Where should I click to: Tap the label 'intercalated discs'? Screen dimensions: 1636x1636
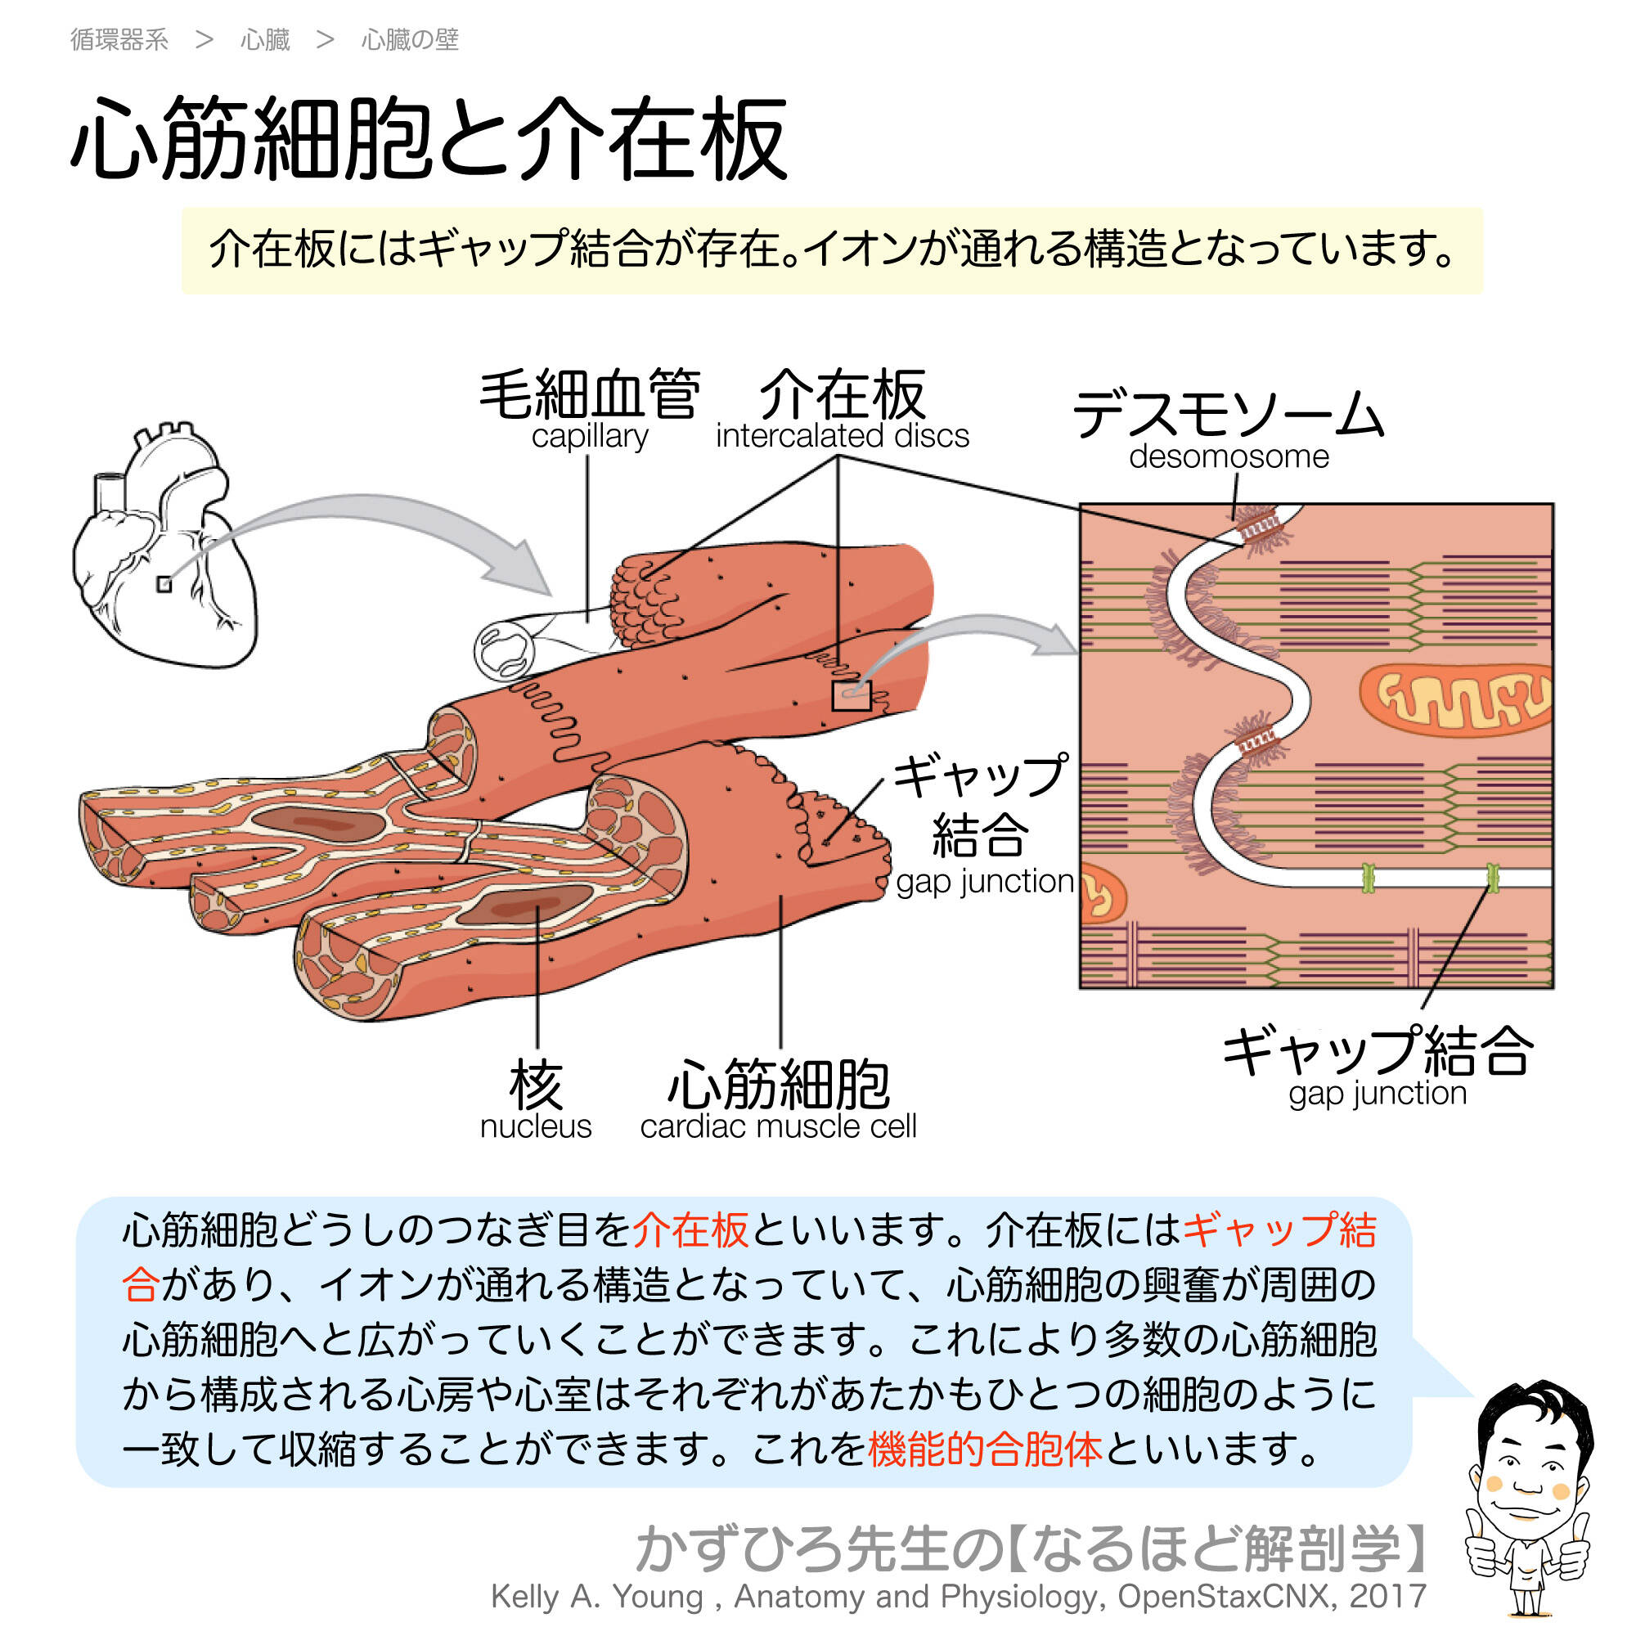tap(842, 436)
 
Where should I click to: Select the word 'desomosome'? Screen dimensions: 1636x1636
tap(1229, 457)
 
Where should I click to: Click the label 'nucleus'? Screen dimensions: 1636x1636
tap(535, 1127)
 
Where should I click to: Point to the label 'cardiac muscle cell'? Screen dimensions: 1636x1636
tap(778, 1127)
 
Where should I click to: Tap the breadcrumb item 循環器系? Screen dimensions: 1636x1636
tap(119, 40)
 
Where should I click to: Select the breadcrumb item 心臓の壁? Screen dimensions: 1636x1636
tap(410, 40)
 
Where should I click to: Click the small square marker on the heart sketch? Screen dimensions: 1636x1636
tap(164, 584)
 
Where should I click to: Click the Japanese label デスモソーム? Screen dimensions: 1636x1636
tap(1228, 415)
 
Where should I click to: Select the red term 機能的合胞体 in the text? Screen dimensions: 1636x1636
tap(985, 1449)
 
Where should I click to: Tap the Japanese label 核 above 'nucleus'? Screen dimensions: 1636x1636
tap(535, 1085)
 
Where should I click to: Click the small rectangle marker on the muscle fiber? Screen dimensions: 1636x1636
tap(851, 696)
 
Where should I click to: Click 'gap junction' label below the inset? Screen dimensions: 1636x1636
tap(1378, 1093)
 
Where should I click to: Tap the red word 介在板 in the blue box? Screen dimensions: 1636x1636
tap(690, 1231)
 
